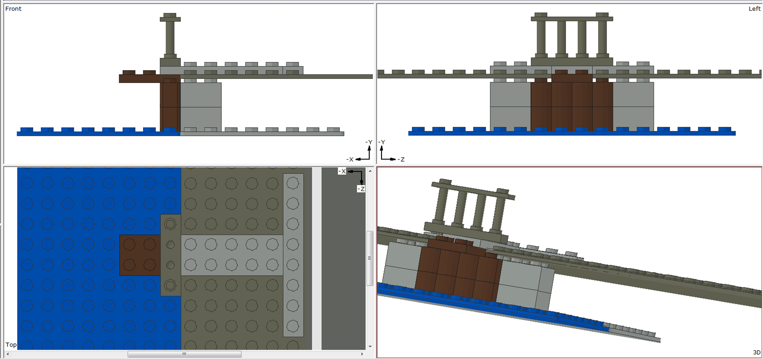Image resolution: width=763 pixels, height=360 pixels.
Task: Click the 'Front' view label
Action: click(13, 9)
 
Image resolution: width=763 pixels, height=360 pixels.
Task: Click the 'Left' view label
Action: click(754, 9)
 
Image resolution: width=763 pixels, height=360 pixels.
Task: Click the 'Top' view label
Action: click(11, 345)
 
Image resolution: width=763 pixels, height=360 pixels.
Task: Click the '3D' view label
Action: click(756, 352)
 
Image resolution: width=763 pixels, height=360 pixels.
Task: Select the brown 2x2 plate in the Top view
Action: click(140, 255)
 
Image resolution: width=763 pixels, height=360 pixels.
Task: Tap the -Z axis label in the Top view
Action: click(361, 189)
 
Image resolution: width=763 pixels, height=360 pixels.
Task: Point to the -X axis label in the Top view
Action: click(342, 171)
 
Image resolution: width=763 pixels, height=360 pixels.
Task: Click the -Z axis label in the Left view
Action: click(401, 159)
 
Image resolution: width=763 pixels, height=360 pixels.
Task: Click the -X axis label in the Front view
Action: click(350, 159)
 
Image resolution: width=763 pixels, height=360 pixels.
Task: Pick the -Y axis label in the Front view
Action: click(369, 142)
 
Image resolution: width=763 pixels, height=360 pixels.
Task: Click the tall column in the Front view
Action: click(170, 38)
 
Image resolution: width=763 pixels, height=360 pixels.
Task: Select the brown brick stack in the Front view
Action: click(170, 106)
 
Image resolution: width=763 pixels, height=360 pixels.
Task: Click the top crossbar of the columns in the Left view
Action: click(572, 19)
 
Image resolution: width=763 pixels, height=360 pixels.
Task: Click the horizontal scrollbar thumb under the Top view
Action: click(184, 354)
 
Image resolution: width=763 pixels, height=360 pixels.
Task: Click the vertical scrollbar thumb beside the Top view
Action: click(370, 258)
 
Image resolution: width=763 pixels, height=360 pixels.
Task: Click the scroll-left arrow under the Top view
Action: click(8, 354)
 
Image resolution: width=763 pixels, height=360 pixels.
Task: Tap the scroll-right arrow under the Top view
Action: click(362, 354)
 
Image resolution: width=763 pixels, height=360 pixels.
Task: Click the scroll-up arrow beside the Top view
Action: click(370, 171)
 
